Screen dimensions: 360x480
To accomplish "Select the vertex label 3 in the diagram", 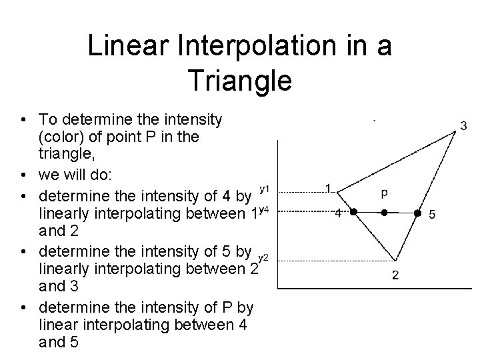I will click(x=463, y=125).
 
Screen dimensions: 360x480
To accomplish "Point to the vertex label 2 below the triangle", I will click(x=395, y=275).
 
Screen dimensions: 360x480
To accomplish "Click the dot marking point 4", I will click(x=354, y=213).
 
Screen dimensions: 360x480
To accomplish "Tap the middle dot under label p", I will click(x=385, y=213).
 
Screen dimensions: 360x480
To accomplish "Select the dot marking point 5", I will click(x=417, y=213).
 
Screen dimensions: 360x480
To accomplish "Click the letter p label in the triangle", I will click(x=385, y=193).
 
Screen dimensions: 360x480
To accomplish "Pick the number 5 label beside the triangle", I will click(x=432, y=214).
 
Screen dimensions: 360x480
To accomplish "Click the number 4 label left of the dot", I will click(x=338, y=213).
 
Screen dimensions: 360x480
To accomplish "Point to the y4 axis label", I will click(x=263, y=211).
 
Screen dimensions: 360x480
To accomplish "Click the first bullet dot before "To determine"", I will click(x=23, y=120).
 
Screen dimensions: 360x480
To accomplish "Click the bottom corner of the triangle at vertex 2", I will click(x=395, y=261).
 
